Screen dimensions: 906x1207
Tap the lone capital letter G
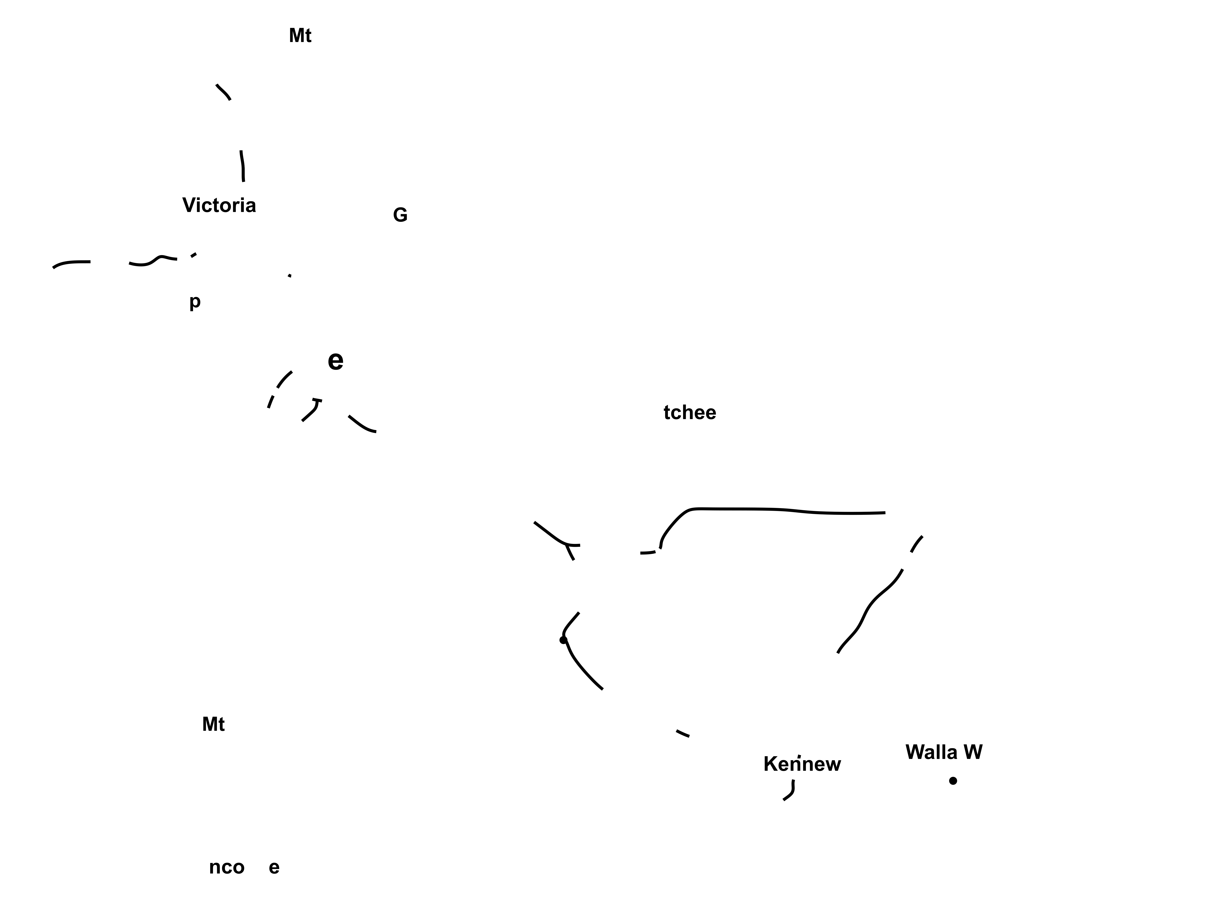[400, 216]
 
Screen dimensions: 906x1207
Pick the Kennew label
[802, 764]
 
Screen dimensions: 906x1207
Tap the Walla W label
[943, 752]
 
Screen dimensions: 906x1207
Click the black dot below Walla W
[953, 781]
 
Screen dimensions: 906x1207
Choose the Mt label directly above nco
[213, 724]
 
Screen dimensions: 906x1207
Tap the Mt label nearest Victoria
[300, 36]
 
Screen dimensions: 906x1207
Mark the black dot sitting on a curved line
[563, 640]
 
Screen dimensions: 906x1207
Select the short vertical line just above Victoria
[242, 166]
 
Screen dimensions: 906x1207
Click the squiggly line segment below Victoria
[153, 261]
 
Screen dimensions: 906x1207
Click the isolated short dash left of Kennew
[683, 733]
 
